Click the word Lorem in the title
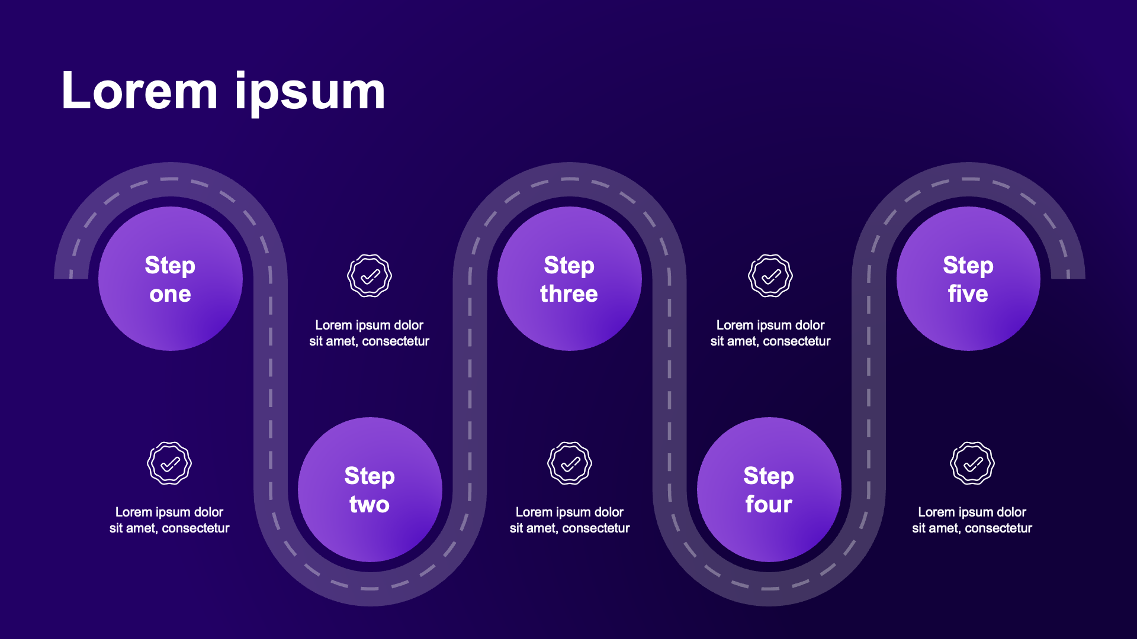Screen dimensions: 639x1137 140,91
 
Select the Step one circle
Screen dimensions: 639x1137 171,279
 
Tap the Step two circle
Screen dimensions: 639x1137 370,489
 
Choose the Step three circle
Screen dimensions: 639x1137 569,279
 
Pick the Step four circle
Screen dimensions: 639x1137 769,489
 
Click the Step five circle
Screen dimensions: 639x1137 968,279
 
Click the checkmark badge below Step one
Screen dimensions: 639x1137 169,463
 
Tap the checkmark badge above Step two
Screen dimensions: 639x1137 370,276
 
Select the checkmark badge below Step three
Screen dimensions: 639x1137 570,463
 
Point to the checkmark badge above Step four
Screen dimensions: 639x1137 770,276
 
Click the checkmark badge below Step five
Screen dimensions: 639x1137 972,463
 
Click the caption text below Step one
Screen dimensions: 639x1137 169,520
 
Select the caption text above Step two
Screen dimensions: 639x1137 370,333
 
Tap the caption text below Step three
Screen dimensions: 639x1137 570,520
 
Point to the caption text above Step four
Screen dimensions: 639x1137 770,333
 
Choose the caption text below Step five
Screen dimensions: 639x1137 972,520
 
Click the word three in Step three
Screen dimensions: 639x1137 569,294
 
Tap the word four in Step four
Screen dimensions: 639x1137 769,505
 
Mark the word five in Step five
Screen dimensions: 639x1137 968,294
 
